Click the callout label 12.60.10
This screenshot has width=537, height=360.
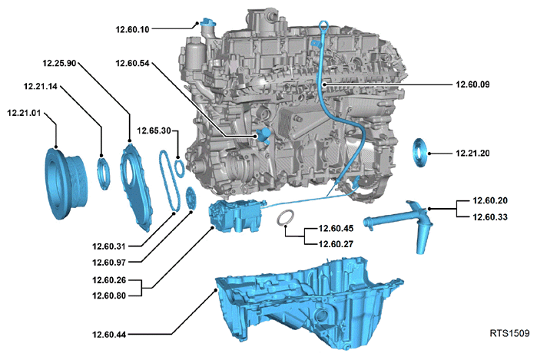click(133, 29)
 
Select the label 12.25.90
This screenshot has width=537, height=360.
click(59, 63)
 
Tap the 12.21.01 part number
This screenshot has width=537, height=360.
click(24, 113)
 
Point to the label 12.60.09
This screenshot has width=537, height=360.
click(472, 84)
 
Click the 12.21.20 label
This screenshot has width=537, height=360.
click(472, 153)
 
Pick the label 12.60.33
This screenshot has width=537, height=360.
click(489, 217)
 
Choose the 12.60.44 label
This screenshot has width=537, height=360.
click(109, 335)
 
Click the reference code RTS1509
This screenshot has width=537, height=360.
click(509, 333)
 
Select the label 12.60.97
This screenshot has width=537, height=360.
click(109, 263)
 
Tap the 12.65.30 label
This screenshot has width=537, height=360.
click(154, 130)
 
